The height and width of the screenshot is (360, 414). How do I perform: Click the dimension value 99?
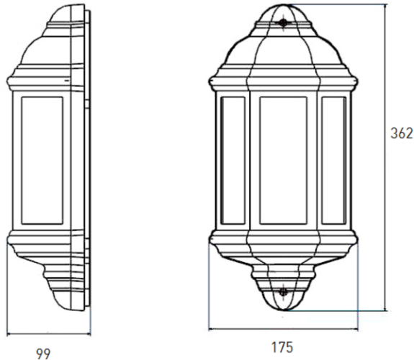44,352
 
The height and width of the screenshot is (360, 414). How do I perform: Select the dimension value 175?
282,348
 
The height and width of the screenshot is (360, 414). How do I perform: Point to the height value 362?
401,133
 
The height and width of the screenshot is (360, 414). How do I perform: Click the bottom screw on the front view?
283,292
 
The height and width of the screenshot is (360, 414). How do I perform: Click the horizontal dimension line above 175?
282,332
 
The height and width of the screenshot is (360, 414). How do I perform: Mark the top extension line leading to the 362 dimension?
338,4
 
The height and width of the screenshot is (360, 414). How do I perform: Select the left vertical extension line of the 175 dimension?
210,288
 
